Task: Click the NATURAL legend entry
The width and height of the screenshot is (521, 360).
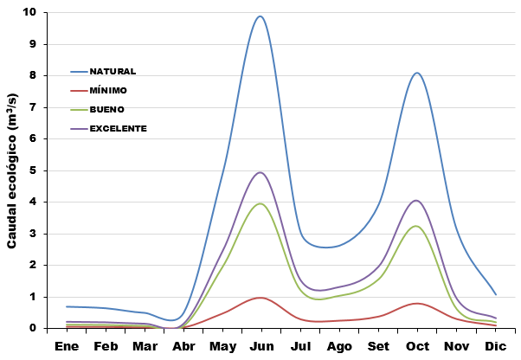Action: [x=113, y=71]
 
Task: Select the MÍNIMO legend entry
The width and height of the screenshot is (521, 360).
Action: [x=108, y=90]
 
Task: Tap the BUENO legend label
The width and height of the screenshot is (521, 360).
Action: [x=106, y=109]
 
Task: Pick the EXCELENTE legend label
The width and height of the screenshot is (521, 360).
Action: [x=118, y=128]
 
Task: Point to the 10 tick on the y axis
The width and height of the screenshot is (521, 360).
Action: [x=31, y=13]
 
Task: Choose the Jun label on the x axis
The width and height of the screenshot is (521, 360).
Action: [x=261, y=346]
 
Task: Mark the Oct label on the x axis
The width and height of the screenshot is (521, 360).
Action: [x=417, y=346]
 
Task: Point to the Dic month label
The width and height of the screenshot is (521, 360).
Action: [x=495, y=346]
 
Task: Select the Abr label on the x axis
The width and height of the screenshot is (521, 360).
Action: [x=183, y=346]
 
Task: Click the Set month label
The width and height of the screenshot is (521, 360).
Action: [x=378, y=346]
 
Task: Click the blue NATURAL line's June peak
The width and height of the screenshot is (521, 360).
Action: [x=260, y=16]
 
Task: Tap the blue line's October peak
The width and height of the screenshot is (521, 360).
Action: [x=417, y=73]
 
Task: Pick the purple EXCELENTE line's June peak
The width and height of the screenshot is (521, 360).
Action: [x=260, y=172]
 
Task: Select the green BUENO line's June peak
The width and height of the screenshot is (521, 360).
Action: [x=260, y=203]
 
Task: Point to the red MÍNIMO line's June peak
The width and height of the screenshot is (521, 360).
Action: [x=260, y=297]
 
